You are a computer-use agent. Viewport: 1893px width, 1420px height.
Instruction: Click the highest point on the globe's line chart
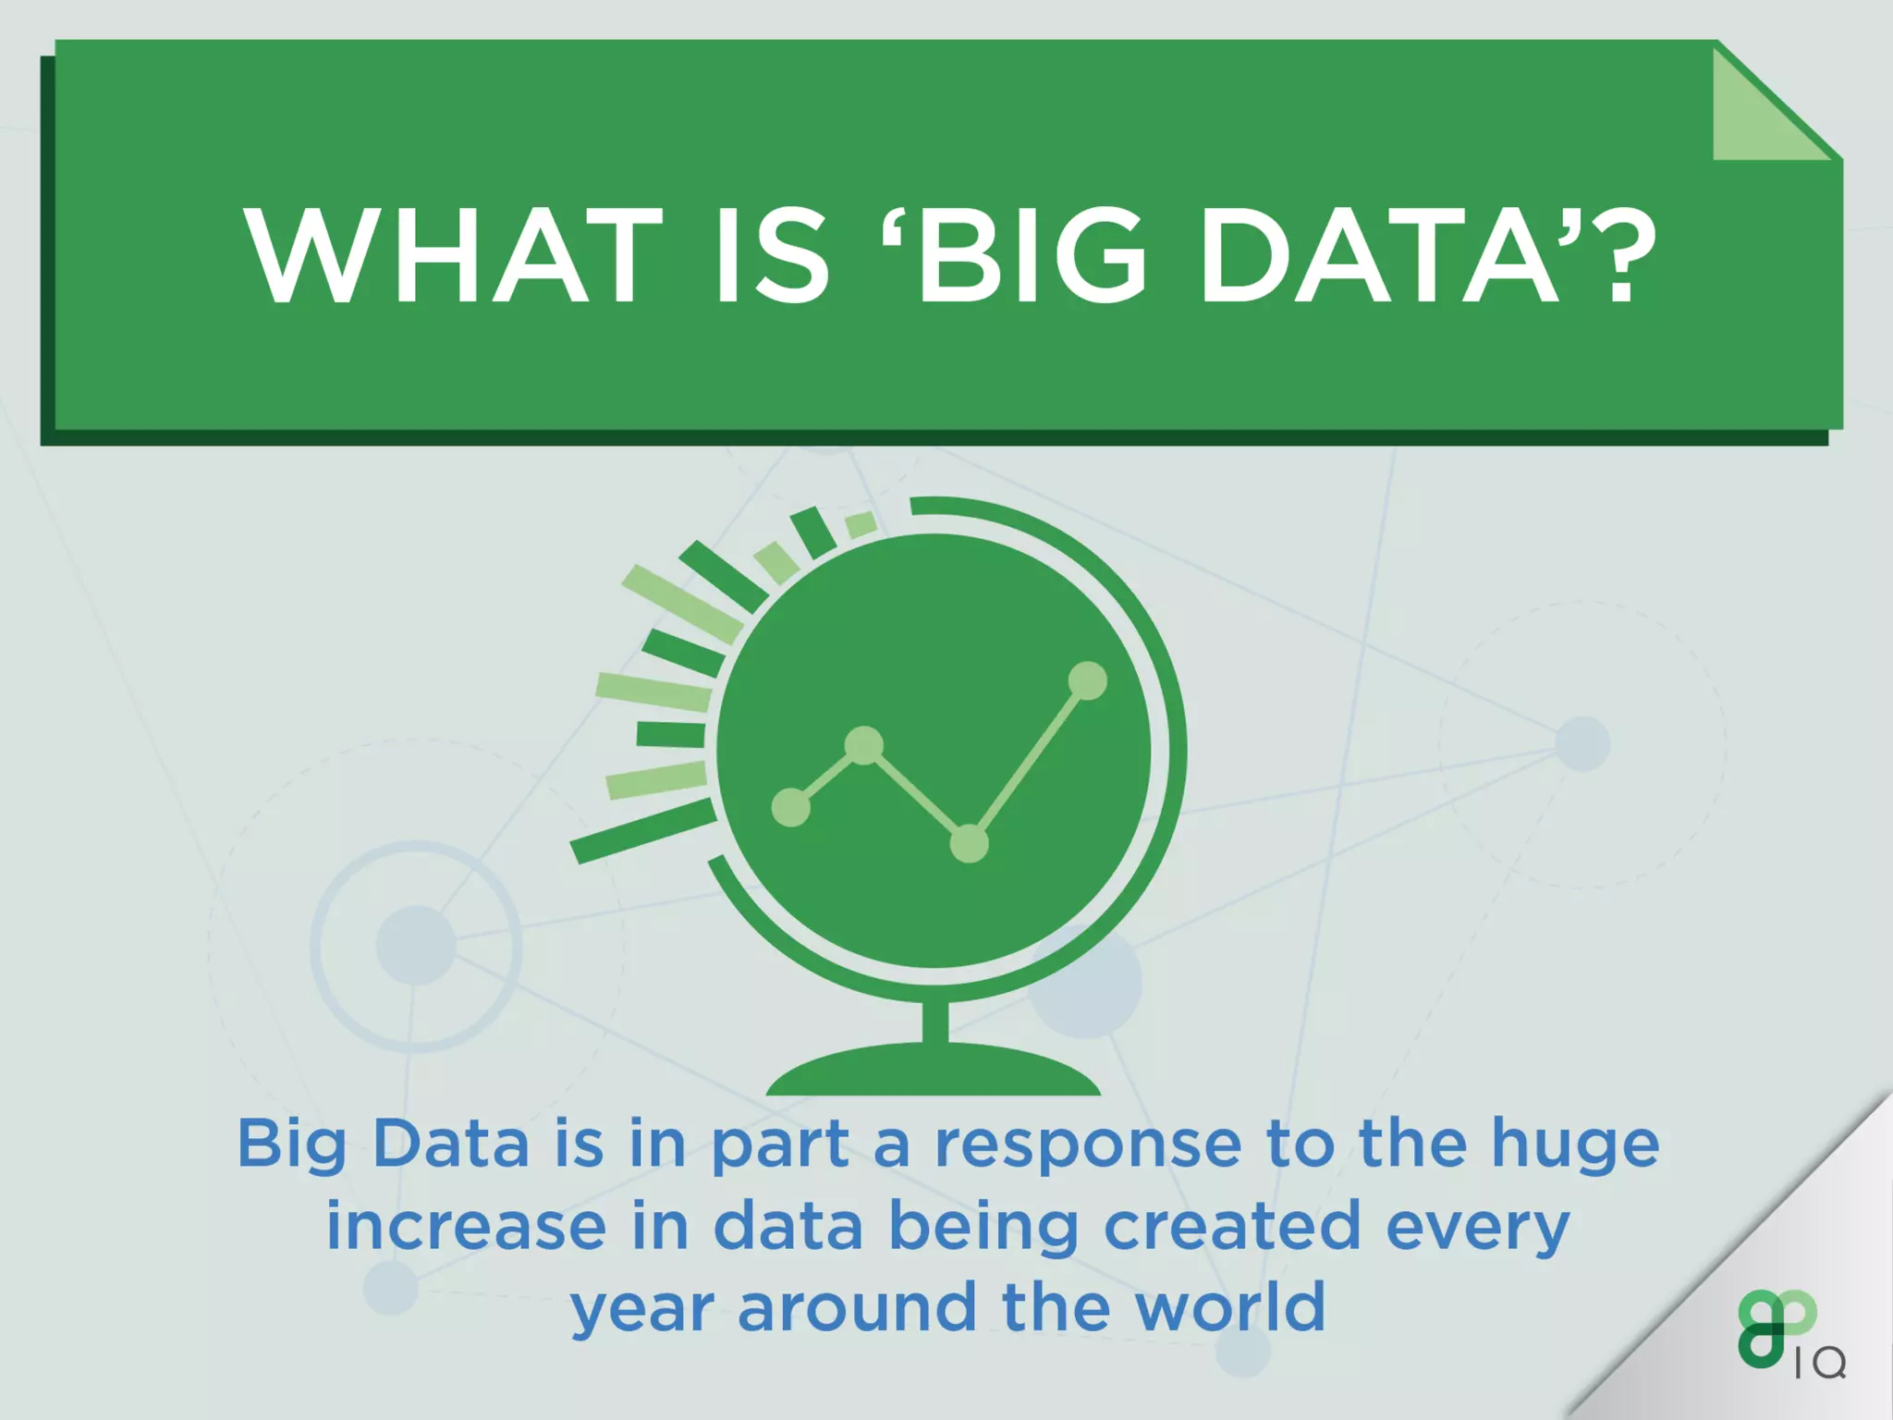[x=1087, y=681]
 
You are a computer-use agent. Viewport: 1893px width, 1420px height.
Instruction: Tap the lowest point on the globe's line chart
[x=969, y=842]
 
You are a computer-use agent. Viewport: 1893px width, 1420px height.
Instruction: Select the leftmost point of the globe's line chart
[x=791, y=807]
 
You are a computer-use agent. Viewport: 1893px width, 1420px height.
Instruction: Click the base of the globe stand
[x=934, y=1072]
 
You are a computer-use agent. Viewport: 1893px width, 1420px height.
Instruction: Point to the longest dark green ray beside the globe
[x=643, y=832]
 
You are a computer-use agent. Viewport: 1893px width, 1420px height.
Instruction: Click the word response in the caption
[x=1088, y=1146]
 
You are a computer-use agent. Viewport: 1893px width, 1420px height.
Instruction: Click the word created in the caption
[x=1232, y=1227]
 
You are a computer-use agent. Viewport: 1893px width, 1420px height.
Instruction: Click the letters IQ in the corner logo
[x=1820, y=1363]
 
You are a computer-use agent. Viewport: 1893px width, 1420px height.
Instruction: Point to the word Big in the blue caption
[x=291, y=1146]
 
